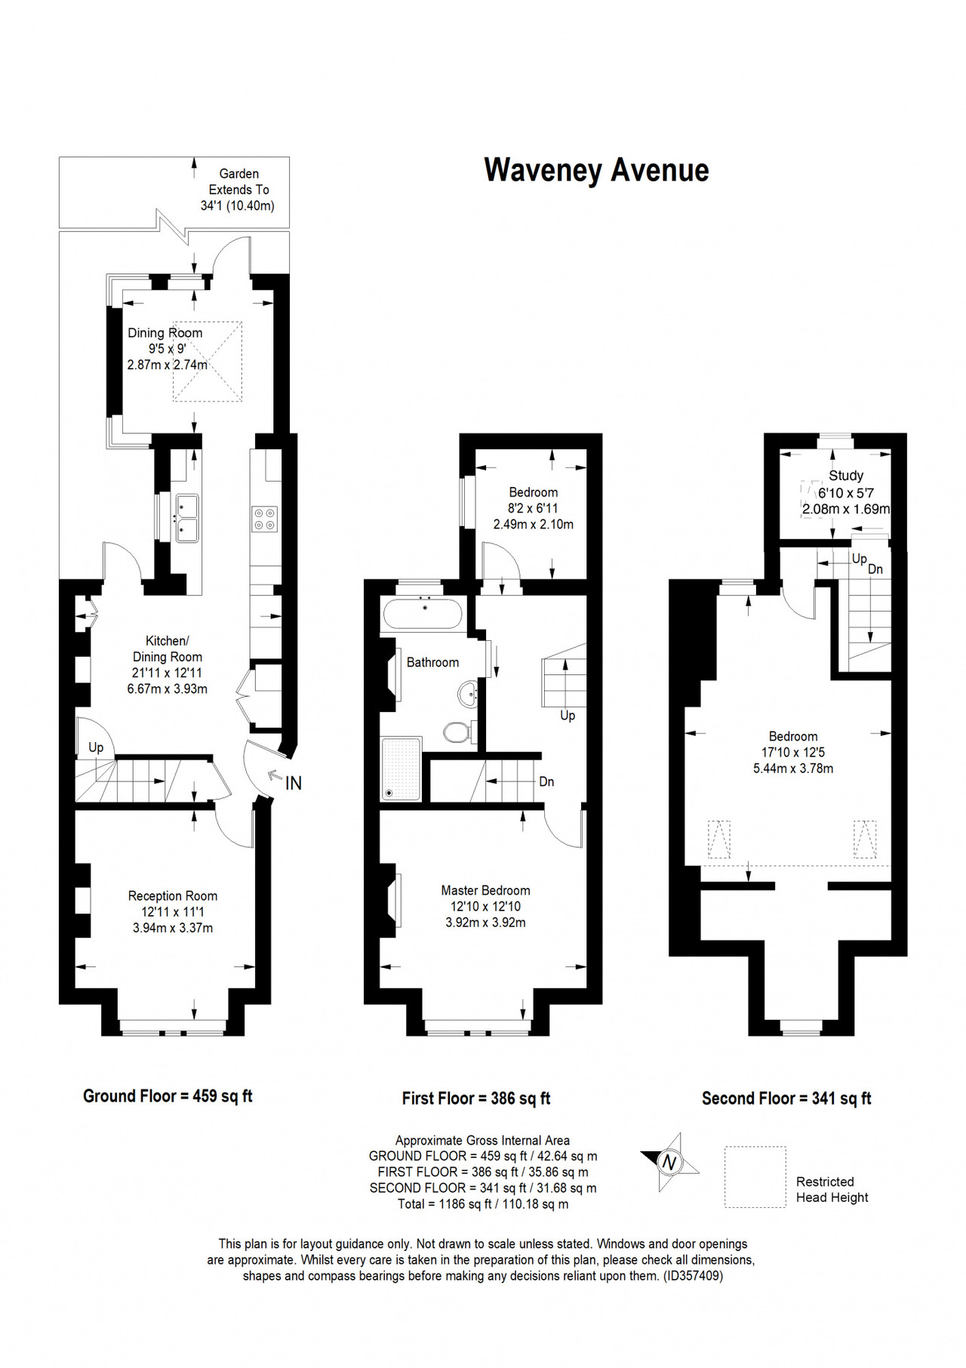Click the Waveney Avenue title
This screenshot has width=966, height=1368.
point(596,171)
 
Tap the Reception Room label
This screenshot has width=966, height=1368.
point(173,895)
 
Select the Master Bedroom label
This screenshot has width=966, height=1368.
point(485,890)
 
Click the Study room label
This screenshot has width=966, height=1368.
point(846,476)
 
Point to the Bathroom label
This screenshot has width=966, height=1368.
point(432,662)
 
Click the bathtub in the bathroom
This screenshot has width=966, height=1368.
point(423,615)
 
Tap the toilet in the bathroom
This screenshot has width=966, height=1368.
point(458,731)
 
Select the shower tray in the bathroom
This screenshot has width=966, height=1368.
point(401,769)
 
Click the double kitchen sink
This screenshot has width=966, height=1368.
point(187,518)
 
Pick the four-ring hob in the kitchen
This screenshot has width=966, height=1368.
point(264,518)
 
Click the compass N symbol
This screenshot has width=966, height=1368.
point(669,1162)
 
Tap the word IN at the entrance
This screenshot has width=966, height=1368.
point(294,784)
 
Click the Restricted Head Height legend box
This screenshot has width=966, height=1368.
point(755,1177)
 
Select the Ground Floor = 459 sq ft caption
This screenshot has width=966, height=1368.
point(168,1096)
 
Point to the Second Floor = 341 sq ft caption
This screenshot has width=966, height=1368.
point(786,1098)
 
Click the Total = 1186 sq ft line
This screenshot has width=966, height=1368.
point(483,1203)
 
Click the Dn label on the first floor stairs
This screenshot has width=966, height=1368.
point(546,781)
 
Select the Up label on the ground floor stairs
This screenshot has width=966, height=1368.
point(96,747)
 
